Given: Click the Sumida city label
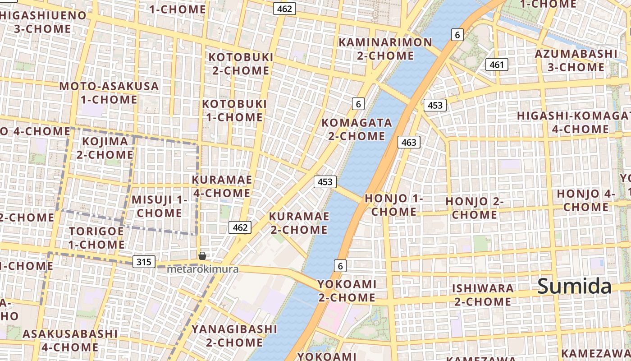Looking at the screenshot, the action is pos(574,287).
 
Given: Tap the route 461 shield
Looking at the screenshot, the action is pos(496,65).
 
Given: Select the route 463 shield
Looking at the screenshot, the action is pos(408,143).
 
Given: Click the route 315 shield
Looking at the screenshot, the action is pos(144,261).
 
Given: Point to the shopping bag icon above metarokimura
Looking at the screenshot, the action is pos(202,256).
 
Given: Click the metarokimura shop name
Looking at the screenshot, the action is pos(202,269).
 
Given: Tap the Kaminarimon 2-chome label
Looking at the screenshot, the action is pos(385,49).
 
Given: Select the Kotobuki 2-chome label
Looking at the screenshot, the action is pos(241,64).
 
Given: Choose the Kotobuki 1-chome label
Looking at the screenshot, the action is pos(234,111).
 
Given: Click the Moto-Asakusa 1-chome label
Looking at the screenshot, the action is pos(109,93).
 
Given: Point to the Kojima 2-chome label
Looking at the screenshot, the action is pos(105,148).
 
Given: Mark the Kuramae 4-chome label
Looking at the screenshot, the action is pos(222,186).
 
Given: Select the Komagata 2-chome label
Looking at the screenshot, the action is pos(357,130).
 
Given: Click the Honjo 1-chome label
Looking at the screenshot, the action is pos(394,205).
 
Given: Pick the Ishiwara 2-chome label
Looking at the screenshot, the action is pos(483,295).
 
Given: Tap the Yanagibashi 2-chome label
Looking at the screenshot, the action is pos(234,336).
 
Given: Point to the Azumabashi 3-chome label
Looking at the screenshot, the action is pos(576,60).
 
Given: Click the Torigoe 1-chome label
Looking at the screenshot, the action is pos(96,238).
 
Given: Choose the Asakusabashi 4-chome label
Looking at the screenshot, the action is pos(70,340).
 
